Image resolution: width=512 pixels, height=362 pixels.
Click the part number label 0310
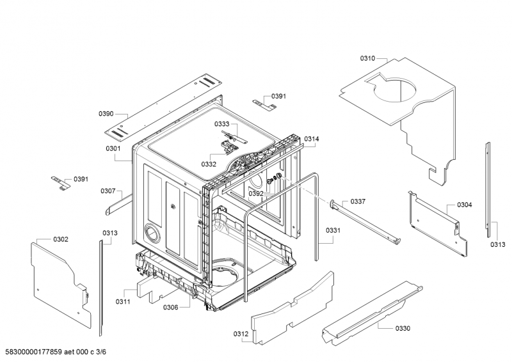tap(367, 58)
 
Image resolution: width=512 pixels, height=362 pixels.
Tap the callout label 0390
tap(106, 114)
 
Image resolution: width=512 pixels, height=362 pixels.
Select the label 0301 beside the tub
tap(113, 148)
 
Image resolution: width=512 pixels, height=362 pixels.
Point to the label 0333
tap(221, 124)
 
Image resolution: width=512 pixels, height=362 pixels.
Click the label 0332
tap(209, 164)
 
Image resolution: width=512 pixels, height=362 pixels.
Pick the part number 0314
tap(312, 139)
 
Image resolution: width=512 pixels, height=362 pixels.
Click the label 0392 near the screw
tap(255, 194)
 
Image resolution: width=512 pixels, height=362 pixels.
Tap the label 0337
tap(358, 201)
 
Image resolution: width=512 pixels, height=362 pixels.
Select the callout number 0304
tap(465, 205)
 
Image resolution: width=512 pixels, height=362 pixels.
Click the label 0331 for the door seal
tap(333, 230)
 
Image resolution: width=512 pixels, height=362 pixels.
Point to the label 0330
tap(403, 328)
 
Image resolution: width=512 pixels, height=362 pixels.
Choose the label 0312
tap(241, 334)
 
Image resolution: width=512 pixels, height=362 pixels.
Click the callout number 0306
tap(170, 307)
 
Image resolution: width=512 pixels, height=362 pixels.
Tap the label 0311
tap(123, 302)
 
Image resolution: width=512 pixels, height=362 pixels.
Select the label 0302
tap(61, 240)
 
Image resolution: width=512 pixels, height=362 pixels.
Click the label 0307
tap(108, 191)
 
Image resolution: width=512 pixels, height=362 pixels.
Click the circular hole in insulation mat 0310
tap(395, 89)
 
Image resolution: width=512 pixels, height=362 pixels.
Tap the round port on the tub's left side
tap(151, 232)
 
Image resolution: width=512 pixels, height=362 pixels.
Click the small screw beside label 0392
tap(269, 181)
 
